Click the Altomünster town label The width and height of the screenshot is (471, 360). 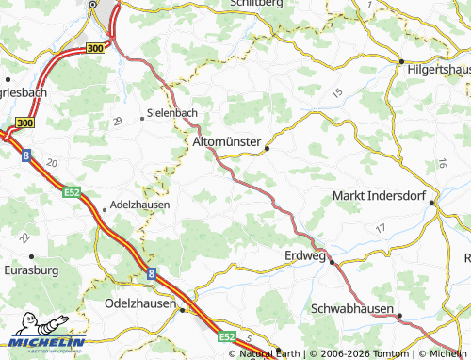[x=226, y=141]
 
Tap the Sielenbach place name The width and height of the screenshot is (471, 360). [x=172, y=113]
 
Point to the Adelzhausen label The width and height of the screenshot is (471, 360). [x=139, y=204]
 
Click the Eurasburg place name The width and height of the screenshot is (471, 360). [x=30, y=270]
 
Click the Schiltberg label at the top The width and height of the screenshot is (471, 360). [x=257, y=4]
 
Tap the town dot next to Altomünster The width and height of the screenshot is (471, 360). [x=268, y=148]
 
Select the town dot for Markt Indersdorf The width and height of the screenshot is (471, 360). [x=433, y=202]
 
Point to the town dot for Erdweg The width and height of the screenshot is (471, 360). [x=332, y=263]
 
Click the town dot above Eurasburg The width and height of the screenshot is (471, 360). [x=31, y=255]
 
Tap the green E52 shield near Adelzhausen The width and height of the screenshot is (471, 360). [x=72, y=192]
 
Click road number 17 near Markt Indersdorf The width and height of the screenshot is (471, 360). [x=380, y=229]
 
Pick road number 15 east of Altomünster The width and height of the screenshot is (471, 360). [x=337, y=91]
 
